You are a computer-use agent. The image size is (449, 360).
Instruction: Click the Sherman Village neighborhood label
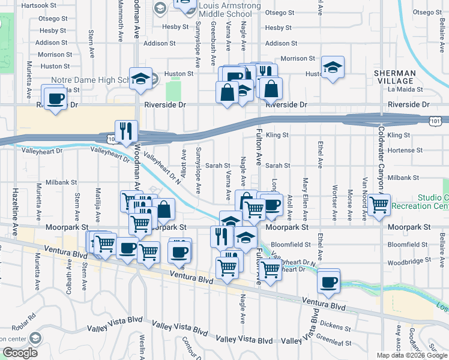coord(394,77)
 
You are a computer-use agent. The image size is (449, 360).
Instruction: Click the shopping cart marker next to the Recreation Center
coord(379,205)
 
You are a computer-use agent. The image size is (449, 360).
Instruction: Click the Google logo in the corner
coord(20,353)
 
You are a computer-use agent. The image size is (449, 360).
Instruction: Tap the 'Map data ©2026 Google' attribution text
coord(412,355)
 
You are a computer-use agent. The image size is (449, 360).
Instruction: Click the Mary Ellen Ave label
coord(306,198)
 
